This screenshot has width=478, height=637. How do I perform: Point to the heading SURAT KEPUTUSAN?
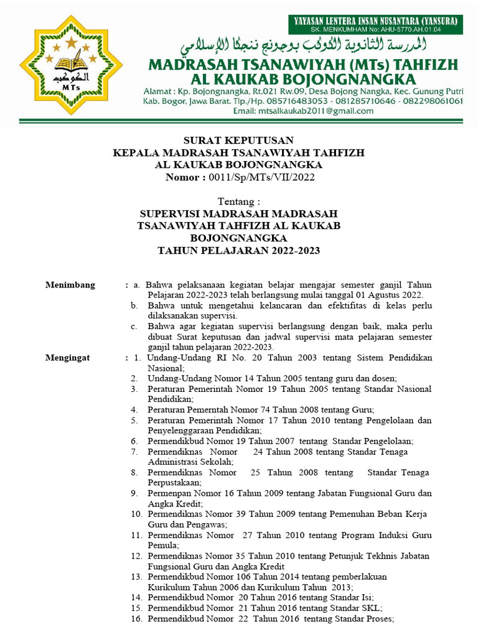tap(238, 140)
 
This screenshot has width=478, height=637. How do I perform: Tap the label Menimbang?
tap(70, 285)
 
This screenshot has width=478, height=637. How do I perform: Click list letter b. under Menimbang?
tap(134, 305)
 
